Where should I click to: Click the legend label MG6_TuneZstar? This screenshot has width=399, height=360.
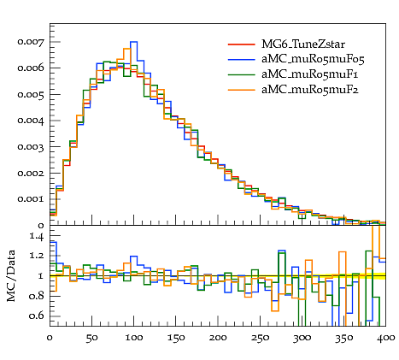click(x=303, y=44)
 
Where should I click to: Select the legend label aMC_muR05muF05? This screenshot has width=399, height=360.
click(x=313, y=59)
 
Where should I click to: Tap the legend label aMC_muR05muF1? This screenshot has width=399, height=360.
click(x=310, y=74)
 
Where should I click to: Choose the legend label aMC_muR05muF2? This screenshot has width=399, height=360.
click(x=310, y=90)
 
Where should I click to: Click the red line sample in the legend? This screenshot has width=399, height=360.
click(x=242, y=44)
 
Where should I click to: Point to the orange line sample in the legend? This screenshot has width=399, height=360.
click(x=242, y=90)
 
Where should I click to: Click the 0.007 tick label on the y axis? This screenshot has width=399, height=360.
click(x=31, y=42)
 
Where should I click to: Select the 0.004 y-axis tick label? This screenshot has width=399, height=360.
click(x=31, y=121)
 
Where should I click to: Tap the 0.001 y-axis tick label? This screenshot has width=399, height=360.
click(x=31, y=199)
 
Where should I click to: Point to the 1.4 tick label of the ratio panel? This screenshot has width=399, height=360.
click(x=37, y=236)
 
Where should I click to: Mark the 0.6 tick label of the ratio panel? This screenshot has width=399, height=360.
click(x=37, y=316)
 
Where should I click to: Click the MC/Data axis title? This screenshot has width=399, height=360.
click(x=11, y=275)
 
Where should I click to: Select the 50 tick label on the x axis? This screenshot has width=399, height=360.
click(x=91, y=338)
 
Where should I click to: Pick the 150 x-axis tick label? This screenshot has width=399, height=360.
click(x=176, y=338)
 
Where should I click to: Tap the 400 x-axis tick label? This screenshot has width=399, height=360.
click(x=385, y=338)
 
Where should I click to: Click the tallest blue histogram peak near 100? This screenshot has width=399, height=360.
click(x=134, y=42)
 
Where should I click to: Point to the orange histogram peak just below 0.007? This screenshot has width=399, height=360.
click(x=126, y=49)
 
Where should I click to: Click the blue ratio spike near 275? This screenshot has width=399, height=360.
click(x=282, y=251)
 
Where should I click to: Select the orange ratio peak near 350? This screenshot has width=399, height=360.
click(x=343, y=252)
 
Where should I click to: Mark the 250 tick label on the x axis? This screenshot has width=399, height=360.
click(x=260, y=338)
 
